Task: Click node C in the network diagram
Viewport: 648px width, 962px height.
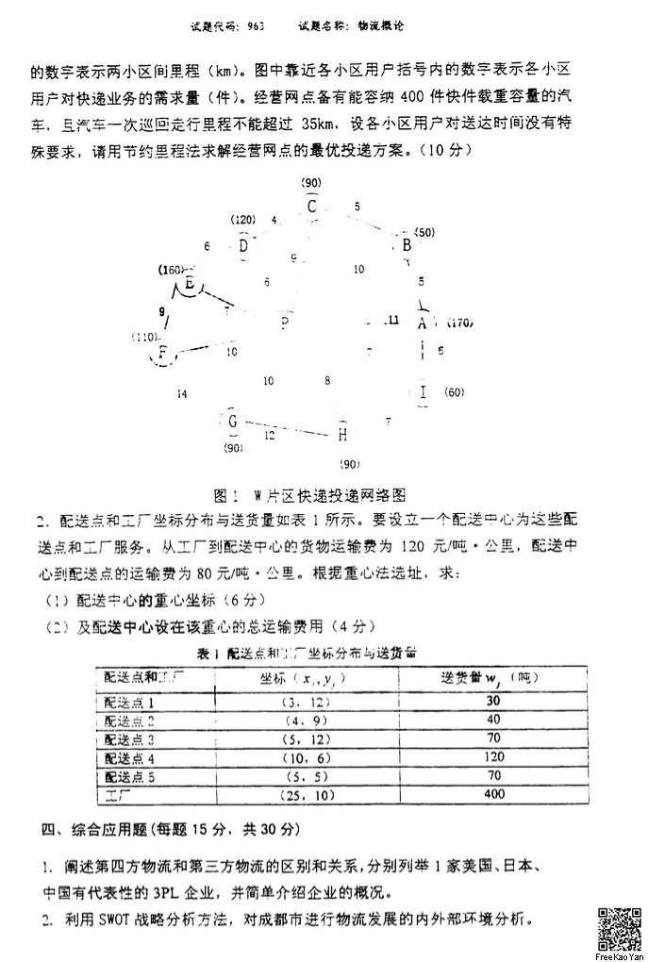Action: click(312, 207)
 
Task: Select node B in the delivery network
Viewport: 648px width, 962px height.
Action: click(407, 246)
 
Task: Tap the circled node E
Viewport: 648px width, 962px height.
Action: click(190, 283)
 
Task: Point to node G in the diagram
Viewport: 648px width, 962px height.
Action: click(232, 421)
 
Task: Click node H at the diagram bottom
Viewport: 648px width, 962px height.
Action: click(342, 434)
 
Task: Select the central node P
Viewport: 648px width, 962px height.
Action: click(284, 323)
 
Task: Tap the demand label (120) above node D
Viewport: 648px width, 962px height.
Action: click(243, 219)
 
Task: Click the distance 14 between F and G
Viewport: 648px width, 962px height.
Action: click(181, 393)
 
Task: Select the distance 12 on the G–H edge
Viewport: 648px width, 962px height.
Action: click(270, 436)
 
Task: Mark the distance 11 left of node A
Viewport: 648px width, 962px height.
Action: click(393, 320)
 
